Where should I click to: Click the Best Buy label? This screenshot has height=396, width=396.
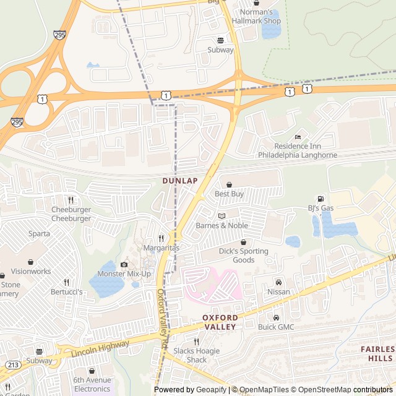(229, 194)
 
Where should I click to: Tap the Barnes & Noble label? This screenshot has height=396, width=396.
(222, 225)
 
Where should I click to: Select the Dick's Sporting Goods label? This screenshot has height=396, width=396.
(243, 256)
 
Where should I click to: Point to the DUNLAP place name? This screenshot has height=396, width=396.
(180, 181)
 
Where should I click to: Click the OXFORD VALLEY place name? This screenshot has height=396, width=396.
(220, 322)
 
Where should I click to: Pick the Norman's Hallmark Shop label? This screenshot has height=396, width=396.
(256, 17)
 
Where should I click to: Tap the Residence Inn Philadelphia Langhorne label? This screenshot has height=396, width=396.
(298, 150)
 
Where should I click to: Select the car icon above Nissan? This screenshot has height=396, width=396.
(278, 282)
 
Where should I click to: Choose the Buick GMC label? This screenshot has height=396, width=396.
(276, 327)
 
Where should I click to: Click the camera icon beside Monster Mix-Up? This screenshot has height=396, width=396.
(124, 264)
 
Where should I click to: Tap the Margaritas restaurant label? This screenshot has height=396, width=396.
(161, 247)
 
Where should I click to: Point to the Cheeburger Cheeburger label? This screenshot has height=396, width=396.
(71, 213)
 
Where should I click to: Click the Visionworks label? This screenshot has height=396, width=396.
(31, 271)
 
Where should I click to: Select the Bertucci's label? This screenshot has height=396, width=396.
(66, 291)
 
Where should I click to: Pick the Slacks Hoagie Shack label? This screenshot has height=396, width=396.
(196, 355)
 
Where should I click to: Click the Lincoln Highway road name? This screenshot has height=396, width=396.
(100, 348)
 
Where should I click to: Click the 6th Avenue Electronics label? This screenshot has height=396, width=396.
(92, 384)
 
